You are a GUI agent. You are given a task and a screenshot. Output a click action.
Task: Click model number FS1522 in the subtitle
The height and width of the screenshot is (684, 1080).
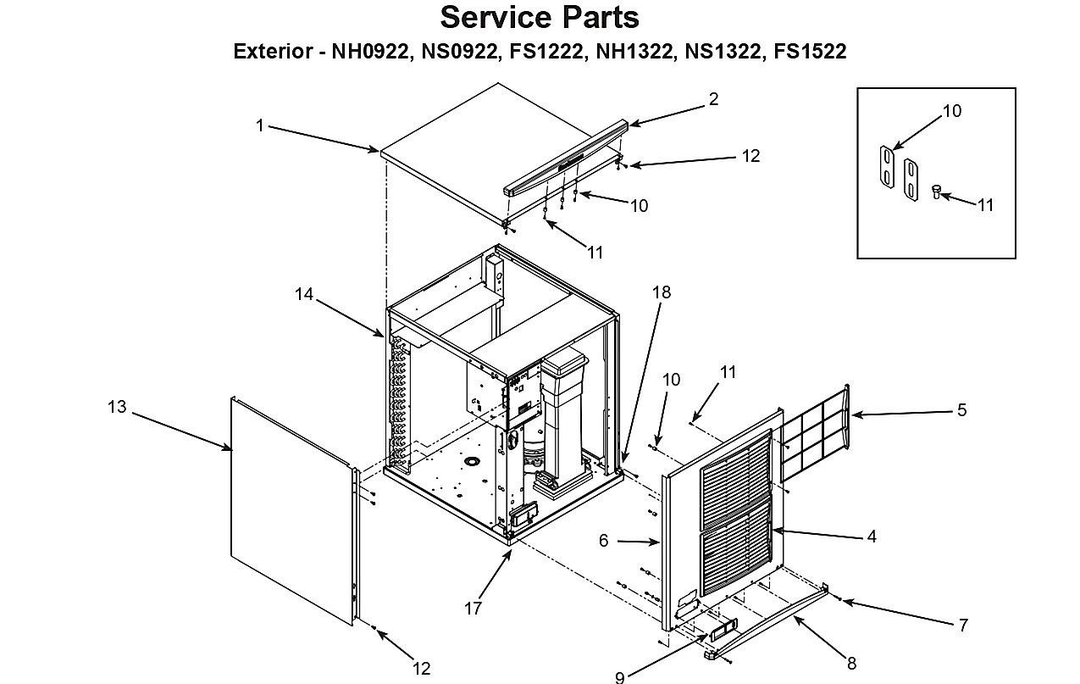coord(810,51)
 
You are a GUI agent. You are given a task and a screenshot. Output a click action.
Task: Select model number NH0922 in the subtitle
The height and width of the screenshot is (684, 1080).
coord(370,51)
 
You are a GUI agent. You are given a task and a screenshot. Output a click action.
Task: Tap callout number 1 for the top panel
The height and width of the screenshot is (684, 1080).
coord(260,125)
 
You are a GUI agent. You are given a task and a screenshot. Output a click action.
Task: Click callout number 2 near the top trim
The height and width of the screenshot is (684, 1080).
coord(714,99)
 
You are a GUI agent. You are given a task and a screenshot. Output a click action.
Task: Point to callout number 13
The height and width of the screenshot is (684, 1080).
coord(117,407)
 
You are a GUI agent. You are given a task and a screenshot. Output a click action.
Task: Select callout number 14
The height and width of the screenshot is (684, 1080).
coord(304,294)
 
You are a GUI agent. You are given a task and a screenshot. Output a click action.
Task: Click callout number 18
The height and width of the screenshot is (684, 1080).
coord(662,292)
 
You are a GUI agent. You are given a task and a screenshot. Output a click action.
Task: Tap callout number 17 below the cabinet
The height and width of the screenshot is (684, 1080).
coord(474,609)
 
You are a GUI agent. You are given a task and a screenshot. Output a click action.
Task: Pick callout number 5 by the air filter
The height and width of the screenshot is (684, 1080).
coord(962,410)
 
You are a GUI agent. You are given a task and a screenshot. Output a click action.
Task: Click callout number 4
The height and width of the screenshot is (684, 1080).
coord(872,537)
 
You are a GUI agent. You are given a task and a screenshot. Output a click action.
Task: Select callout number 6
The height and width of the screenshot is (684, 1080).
coord(604,541)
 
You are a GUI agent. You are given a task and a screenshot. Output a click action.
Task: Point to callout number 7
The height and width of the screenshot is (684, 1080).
coord(963,626)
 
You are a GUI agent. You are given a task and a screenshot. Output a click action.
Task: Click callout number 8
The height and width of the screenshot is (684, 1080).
coord(852,664)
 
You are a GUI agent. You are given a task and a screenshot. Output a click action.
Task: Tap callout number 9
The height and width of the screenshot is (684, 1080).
coord(620,677)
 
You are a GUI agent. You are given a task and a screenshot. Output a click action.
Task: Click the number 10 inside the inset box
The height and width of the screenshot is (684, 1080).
coord(952,111)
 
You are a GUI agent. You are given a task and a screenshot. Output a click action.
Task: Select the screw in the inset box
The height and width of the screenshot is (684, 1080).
coord(936,192)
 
